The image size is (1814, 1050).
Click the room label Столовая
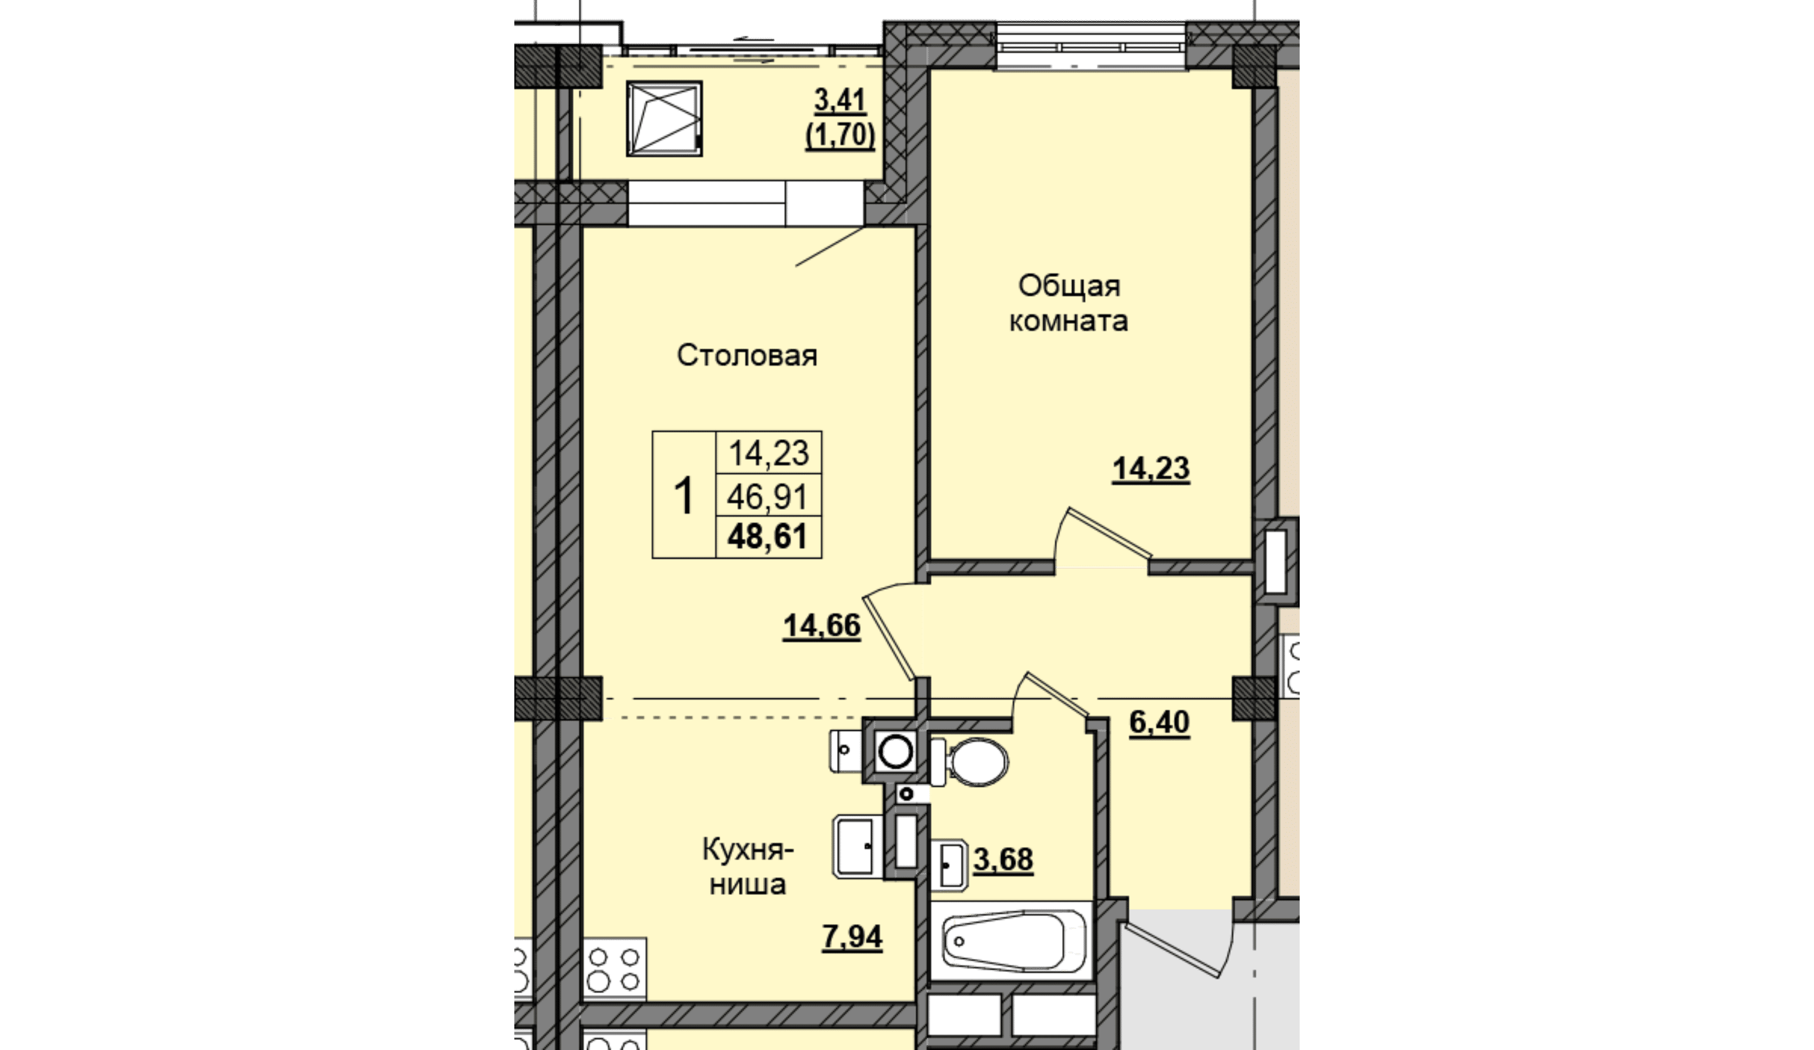click(x=747, y=356)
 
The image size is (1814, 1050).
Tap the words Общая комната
click(x=1069, y=303)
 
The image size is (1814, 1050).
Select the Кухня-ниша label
click(x=748, y=867)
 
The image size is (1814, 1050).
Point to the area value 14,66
click(x=821, y=626)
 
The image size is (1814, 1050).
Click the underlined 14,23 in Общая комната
click(x=1151, y=469)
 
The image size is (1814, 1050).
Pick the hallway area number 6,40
click(x=1159, y=721)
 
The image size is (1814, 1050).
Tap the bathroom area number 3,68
click(x=1003, y=859)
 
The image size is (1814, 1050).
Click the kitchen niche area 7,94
click(x=852, y=937)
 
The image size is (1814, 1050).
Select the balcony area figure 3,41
click(x=840, y=101)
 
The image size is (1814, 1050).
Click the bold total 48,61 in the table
click(x=767, y=537)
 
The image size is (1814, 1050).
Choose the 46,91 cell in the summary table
click(x=767, y=497)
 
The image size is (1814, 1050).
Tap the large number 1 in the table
click(x=683, y=496)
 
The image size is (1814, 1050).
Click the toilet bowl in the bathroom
click(x=970, y=761)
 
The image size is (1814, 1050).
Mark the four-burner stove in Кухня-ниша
click(x=614, y=969)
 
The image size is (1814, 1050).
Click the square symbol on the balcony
click(x=664, y=118)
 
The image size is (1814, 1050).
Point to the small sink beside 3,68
click(x=949, y=865)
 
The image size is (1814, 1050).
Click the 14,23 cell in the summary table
click(x=769, y=454)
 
